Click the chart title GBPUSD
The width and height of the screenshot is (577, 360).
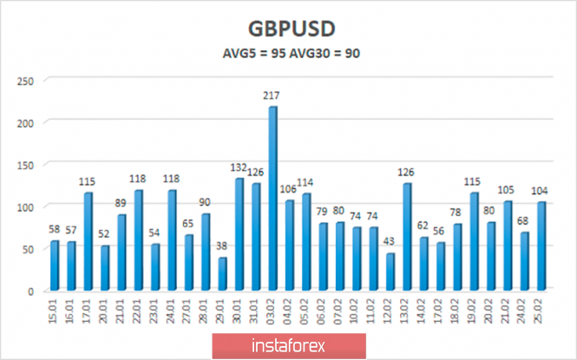[x=288, y=27]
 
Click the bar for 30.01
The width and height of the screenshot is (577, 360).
[x=239, y=234]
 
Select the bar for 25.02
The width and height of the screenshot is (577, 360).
[x=541, y=246]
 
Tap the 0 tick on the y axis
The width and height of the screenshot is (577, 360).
[x=30, y=291]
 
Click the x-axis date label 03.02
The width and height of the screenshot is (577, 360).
[x=273, y=310]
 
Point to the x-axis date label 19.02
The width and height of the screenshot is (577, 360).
[x=475, y=310]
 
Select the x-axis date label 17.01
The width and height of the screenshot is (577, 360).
[x=89, y=310]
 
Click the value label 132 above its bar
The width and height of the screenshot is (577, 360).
[x=239, y=169]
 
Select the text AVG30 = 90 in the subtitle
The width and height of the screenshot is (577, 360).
[x=325, y=53]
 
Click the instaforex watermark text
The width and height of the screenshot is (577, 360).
[x=289, y=345]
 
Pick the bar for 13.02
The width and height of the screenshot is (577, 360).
[x=407, y=237]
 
